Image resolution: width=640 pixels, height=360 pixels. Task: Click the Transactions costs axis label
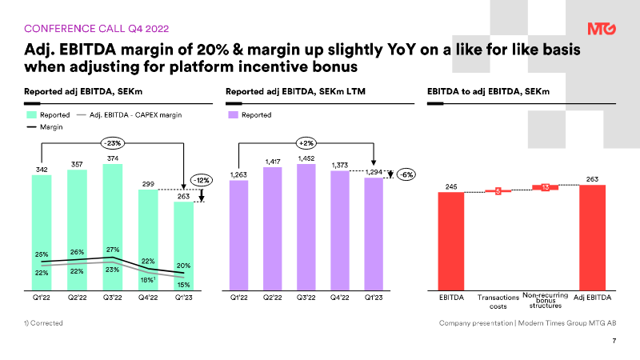tap(497, 301)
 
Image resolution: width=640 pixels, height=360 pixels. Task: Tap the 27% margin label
tap(112, 249)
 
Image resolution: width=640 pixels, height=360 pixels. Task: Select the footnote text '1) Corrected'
tap(43, 322)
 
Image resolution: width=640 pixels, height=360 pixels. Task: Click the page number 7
tap(613, 342)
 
